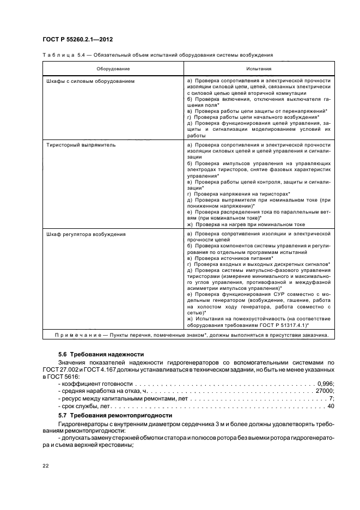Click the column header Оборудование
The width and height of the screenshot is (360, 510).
[113, 69]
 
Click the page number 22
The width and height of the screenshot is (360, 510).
[45, 465]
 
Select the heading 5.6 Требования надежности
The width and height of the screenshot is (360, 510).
[93, 354]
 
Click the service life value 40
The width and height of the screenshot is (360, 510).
[330, 406]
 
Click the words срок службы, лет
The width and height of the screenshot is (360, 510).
[82, 406]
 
